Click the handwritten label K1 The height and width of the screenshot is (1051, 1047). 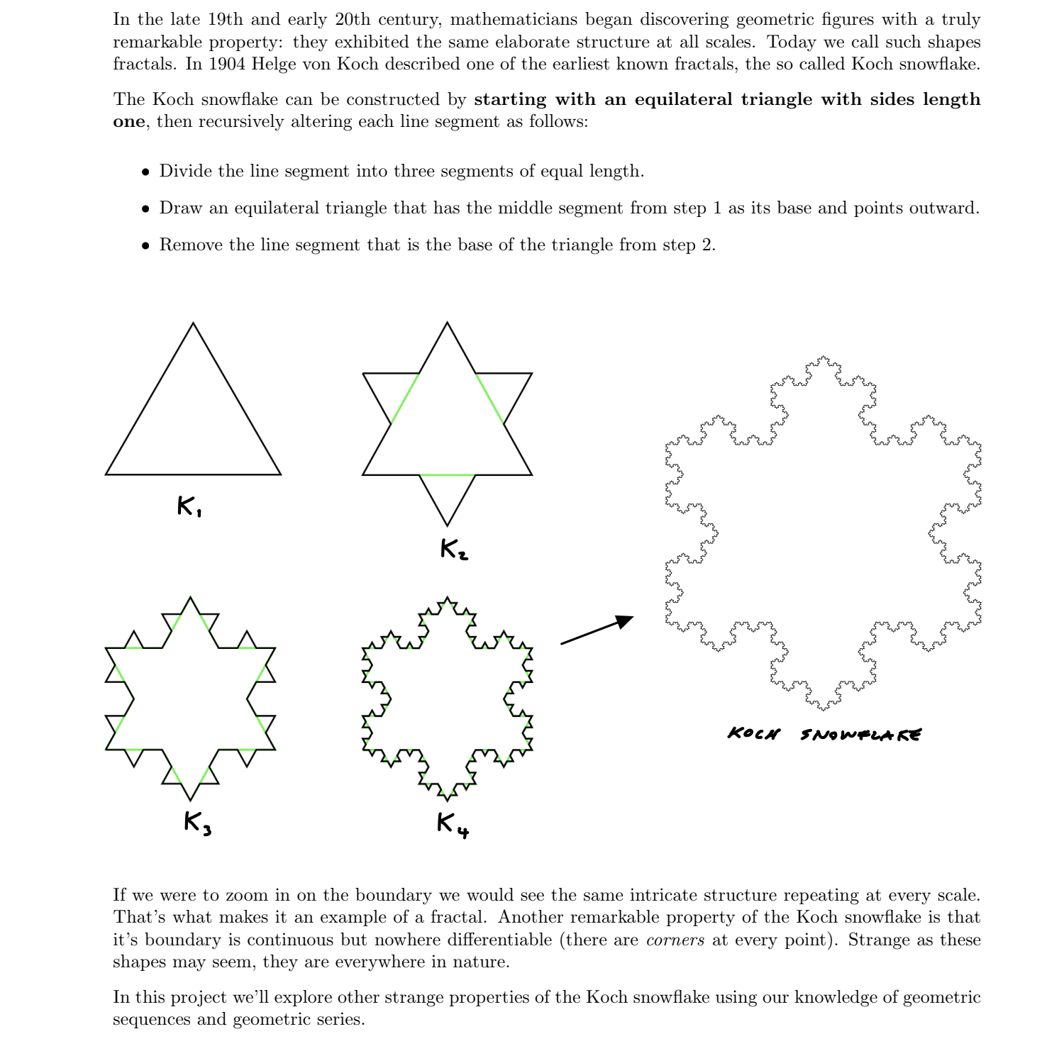[189, 506]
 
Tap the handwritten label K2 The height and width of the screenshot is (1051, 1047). [454, 549]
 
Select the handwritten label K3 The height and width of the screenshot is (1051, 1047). [197, 823]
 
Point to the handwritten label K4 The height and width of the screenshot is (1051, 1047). [453, 824]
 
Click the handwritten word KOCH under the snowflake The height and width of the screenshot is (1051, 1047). [753, 733]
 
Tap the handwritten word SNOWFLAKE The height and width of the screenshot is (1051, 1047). [860, 735]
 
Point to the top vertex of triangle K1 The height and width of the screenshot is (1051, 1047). [193, 324]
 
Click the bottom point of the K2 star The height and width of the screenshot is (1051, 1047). [447, 525]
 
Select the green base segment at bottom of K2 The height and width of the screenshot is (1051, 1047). [447, 475]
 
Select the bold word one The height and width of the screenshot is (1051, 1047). [128, 122]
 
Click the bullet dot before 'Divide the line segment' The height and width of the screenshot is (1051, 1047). [145, 172]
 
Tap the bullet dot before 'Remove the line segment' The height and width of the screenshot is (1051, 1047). [145, 246]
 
